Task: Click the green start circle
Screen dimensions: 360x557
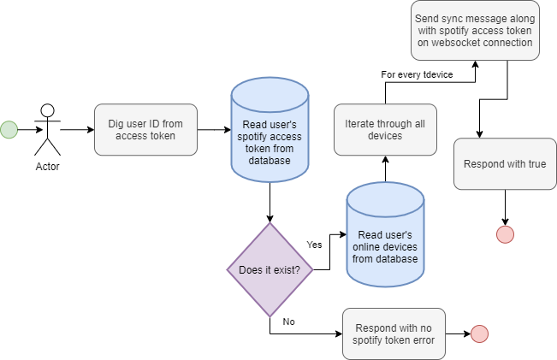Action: coord(9,130)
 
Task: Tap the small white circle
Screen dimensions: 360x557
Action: coord(47,110)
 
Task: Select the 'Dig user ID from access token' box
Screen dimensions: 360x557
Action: coord(145,130)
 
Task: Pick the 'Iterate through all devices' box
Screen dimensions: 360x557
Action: coord(385,130)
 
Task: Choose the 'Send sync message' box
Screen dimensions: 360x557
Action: coord(475,30)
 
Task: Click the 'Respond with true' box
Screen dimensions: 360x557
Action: coord(504,163)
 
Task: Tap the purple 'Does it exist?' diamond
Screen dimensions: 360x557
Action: coord(270,270)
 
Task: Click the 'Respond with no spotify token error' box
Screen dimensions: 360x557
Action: coord(394,333)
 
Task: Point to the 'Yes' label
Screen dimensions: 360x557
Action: coord(314,245)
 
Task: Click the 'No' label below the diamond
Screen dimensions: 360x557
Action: coord(288,322)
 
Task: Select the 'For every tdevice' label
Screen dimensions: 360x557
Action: coord(417,75)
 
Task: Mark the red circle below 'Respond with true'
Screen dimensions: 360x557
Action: coord(506,234)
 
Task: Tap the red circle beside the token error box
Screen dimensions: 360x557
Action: coord(479,333)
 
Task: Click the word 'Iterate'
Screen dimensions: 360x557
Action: coord(358,124)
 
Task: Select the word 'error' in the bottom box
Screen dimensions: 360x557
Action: coord(422,340)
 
